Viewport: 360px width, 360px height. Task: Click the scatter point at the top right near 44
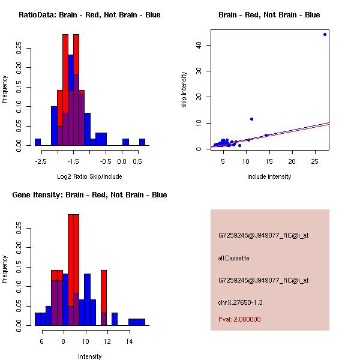[325, 34]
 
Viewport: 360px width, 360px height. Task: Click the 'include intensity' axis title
[269, 176]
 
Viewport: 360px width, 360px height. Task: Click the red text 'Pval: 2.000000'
[239, 319]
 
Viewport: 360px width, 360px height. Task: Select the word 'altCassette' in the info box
[233, 258]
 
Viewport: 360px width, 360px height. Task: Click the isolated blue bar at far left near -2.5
[38, 142]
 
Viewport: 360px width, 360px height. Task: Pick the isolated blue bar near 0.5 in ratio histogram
[142, 142]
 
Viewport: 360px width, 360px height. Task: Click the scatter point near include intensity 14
[266, 135]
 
